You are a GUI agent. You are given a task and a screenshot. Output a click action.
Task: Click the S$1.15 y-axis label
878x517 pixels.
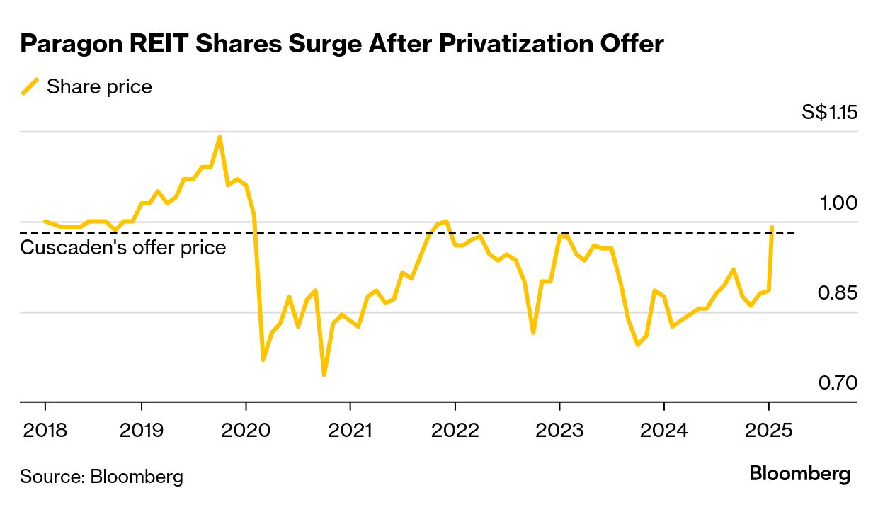(829, 113)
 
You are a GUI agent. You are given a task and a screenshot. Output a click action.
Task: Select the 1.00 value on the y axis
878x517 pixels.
(838, 203)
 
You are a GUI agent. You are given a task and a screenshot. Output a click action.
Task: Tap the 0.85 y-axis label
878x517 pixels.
(838, 292)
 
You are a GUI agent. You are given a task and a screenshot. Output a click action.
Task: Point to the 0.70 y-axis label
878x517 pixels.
(838, 383)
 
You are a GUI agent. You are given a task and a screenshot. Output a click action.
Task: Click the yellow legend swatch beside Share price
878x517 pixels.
(30, 87)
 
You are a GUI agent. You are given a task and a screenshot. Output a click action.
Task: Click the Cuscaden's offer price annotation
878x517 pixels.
(123, 247)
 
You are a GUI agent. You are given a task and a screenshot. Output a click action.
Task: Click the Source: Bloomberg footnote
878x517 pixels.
(101, 476)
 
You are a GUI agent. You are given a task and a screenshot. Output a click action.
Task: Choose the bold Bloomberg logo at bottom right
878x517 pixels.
(800, 474)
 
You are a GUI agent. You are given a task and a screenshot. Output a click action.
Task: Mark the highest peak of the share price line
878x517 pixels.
(219, 137)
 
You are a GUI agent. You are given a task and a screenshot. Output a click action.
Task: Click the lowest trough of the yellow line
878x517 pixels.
(324, 375)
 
